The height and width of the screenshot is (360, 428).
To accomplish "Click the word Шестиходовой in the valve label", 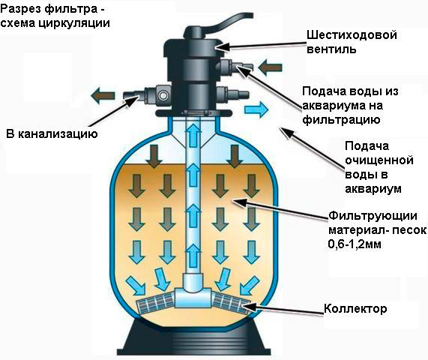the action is point(352,35).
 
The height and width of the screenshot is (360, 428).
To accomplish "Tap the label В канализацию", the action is point(52,134).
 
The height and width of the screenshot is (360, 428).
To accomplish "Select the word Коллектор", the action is point(355,309).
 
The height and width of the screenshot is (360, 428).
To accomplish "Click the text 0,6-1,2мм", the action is point(355,244).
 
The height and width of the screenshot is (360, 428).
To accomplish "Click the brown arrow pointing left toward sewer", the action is point(103,96).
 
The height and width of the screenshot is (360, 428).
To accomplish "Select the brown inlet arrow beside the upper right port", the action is point(270,67).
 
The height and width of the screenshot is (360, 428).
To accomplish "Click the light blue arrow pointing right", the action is point(256,109).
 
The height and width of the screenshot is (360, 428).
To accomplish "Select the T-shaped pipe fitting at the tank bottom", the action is point(193,292).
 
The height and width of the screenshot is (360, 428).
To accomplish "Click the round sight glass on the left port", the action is point(163,95).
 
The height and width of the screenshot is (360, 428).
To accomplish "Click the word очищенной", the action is point(379,160).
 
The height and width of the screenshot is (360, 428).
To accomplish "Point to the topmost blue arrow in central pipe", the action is point(193,131).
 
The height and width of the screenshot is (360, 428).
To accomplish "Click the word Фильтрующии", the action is point(373,216).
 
